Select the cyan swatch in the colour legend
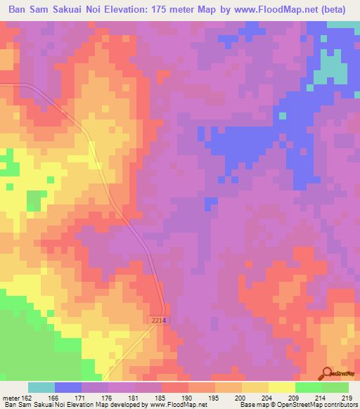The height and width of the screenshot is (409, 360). [x=41, y=387]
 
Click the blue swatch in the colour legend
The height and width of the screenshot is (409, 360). [x=68, y=387]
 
